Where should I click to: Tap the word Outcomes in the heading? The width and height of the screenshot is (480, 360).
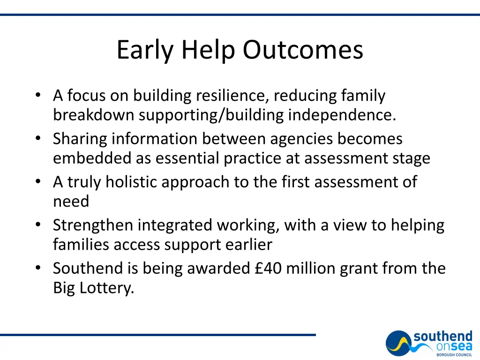pos(303,50)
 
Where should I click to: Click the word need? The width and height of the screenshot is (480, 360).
pos(71,202)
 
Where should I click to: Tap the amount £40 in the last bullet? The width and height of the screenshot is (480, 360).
pos(267,269)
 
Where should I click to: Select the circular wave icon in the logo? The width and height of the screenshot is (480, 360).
pos(398,343)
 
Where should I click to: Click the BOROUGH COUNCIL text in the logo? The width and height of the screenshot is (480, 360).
pos(454,355)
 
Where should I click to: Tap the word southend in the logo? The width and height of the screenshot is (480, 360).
pos(442,337)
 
